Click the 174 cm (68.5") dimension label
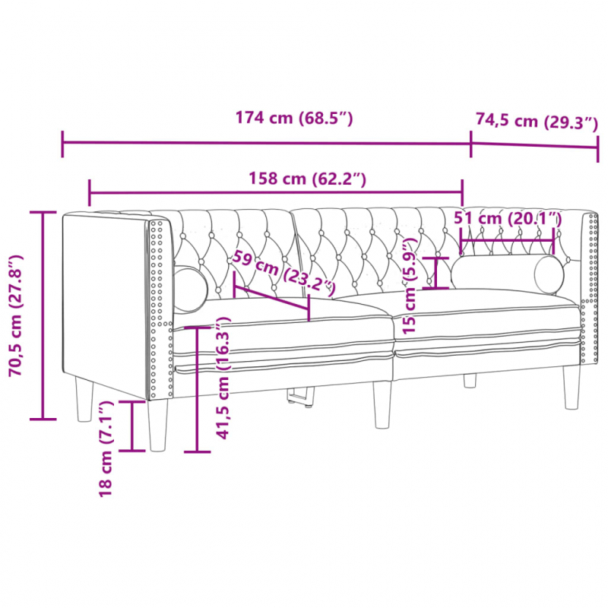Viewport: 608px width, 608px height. coord(294,119)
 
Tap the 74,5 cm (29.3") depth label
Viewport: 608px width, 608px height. coord(537,121)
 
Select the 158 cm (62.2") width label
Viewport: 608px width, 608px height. coord(308,179)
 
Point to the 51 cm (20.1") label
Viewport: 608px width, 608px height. coord(507,218)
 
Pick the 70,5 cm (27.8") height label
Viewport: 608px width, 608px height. coord(17,314)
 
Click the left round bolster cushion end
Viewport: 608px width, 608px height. coord(190,288)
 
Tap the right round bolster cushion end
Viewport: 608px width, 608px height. coord(549,274)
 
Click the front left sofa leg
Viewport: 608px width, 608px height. coord(157,426)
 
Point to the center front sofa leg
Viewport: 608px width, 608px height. coord(382,404)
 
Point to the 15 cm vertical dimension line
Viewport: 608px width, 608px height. coord(435,274)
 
